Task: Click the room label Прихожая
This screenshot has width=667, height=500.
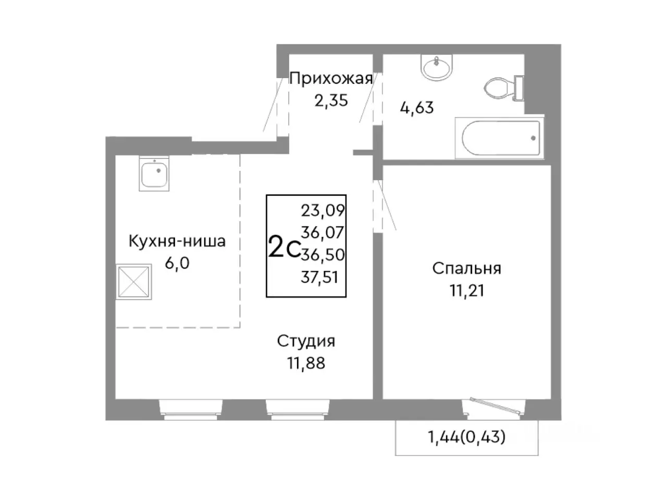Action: point(331,79)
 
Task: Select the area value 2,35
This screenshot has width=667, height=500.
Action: point(330,100)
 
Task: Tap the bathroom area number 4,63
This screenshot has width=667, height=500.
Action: point(416,108)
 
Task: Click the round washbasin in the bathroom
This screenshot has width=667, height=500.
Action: point(436,68)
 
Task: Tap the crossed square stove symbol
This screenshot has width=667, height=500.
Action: point(134,282)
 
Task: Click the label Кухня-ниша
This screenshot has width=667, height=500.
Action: point(177,242)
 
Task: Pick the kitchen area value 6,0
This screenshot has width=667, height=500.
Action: point(177,263)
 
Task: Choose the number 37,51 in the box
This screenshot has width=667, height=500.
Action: point(319,277)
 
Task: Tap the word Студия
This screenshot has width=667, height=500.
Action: point(306,341)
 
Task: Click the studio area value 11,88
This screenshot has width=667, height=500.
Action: point(306,362)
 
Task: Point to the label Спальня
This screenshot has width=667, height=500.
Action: point(466,269)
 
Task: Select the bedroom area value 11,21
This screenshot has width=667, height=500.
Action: point(466,290)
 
